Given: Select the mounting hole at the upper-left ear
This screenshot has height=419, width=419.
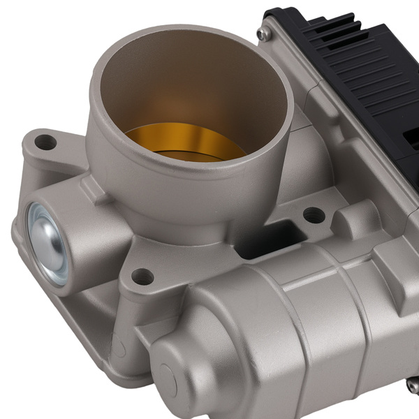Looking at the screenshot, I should pos(45,142).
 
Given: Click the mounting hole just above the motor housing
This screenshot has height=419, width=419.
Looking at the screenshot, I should pos(142,276).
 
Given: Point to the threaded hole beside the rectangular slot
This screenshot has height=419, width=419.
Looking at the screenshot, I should pos(314,215).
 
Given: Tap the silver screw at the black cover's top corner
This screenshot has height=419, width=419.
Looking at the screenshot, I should pos(261,34).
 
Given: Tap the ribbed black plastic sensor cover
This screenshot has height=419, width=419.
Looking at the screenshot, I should pos(349,77).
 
